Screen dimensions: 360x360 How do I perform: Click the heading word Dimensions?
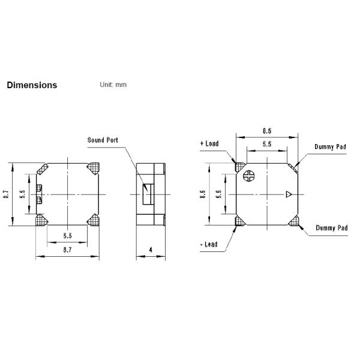32,85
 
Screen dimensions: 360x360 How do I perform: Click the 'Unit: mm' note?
113,85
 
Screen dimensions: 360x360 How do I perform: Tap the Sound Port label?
103,140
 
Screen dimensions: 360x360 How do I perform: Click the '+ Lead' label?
209,144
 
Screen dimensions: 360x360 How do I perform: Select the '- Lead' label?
208,244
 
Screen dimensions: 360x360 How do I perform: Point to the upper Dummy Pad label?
331,147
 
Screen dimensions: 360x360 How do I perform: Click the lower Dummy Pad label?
331,229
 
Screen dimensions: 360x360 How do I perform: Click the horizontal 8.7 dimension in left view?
67,247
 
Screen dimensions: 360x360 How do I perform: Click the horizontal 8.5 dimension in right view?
267,130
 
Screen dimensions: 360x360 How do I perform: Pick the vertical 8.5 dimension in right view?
202,194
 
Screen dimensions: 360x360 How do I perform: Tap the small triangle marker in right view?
289,194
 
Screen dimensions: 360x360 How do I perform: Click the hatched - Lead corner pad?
239,222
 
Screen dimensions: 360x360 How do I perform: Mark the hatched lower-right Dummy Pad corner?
293,222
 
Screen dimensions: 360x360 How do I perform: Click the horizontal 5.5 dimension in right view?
267,145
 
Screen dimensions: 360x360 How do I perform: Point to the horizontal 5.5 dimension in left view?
67,236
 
